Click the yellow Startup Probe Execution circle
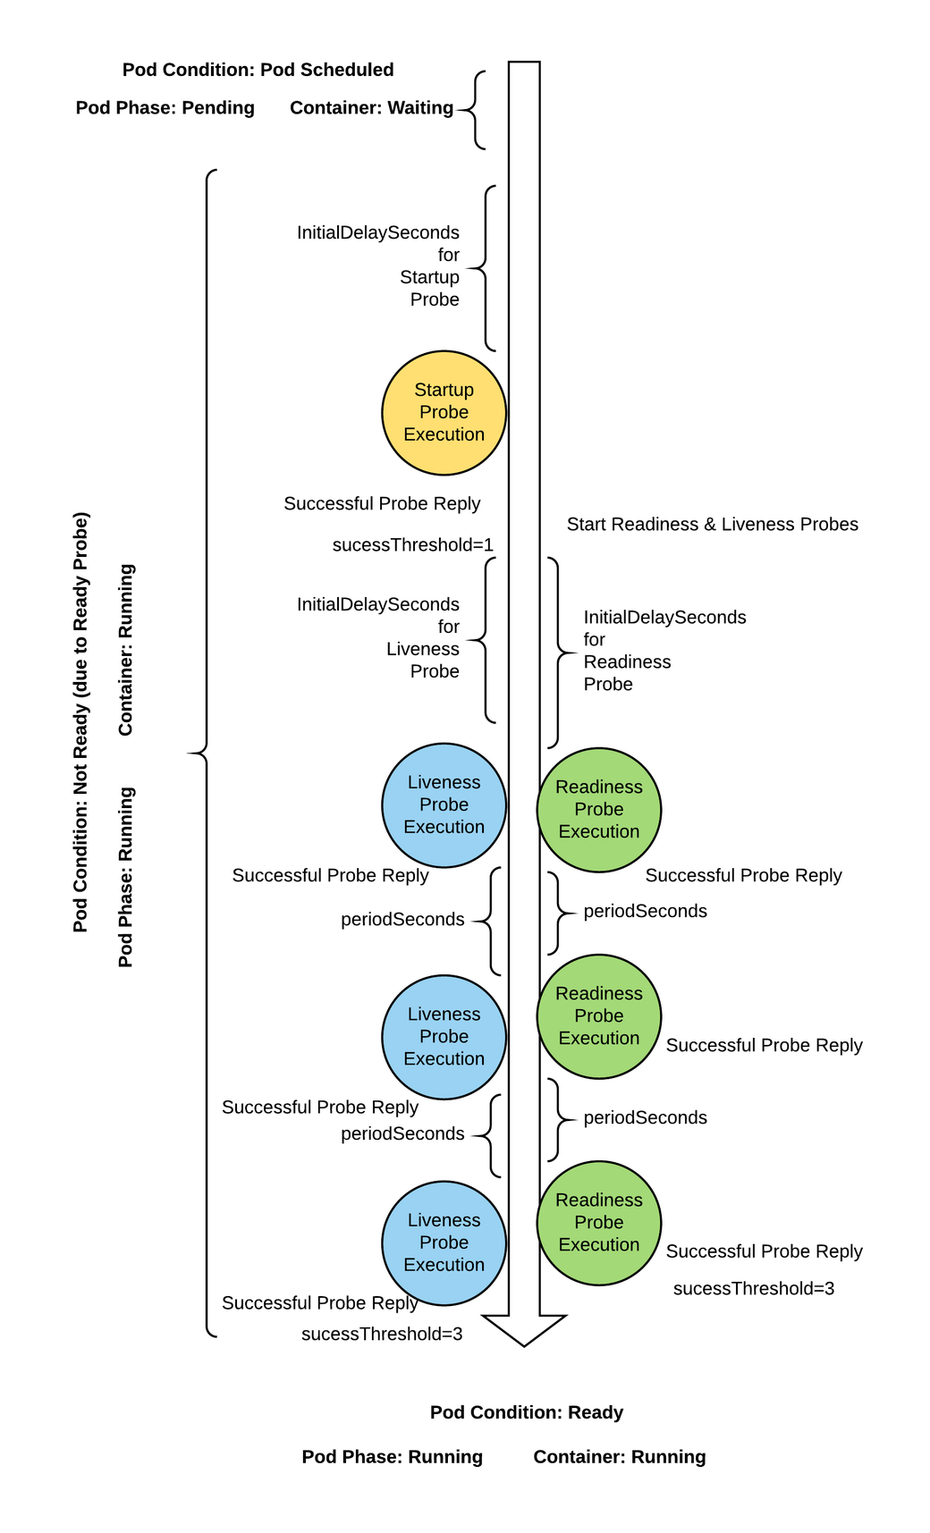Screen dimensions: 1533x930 (444, 413)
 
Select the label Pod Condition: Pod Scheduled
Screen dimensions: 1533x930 (258, 70)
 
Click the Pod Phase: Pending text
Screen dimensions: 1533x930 (165, 108)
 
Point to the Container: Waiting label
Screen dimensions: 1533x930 (371, 108)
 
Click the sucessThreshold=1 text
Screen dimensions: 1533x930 (412, 544)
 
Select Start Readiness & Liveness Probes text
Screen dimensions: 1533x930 (712, 525)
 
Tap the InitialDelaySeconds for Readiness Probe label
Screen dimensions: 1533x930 (664, 651)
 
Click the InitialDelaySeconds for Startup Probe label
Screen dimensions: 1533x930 (378, 266)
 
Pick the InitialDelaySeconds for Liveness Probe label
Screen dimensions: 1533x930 (378, 638)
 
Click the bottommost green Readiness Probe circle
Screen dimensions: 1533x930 (598, 1223)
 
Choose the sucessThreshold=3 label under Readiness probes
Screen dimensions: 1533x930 (753, 1288)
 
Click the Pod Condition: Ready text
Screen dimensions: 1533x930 (526, 1412)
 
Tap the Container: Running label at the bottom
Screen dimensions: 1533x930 (619, 1457)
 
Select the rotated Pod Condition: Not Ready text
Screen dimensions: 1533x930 (81, 722)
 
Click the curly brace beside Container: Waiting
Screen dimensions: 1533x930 (474, 110)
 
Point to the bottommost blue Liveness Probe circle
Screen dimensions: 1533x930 (444, 1242)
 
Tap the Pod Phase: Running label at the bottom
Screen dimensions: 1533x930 (392, 1457)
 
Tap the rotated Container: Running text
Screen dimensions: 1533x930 (126, 650)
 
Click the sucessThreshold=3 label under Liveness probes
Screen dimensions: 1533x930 (381, 1334)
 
